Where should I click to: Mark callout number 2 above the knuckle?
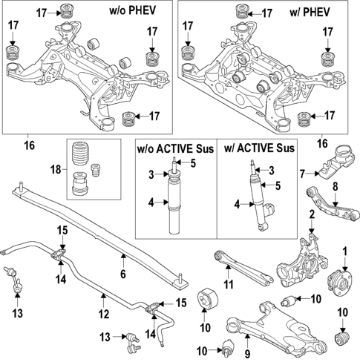click(312, 215)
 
